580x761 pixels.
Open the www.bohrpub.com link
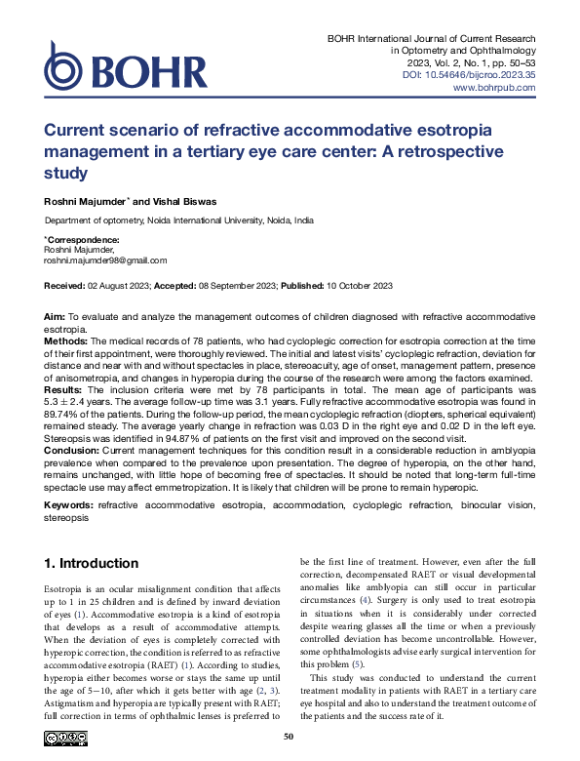click(x=495, y=88)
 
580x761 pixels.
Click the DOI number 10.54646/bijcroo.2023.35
click(x=487, y=74)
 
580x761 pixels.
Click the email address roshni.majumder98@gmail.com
click(x=92, y=260)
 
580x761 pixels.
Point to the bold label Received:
click(x=67, y=285)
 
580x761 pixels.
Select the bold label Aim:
click(x=55, y=319)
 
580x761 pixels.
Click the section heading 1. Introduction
click(x=92, y=564)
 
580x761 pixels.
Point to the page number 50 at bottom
click(x=289, y=737)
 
